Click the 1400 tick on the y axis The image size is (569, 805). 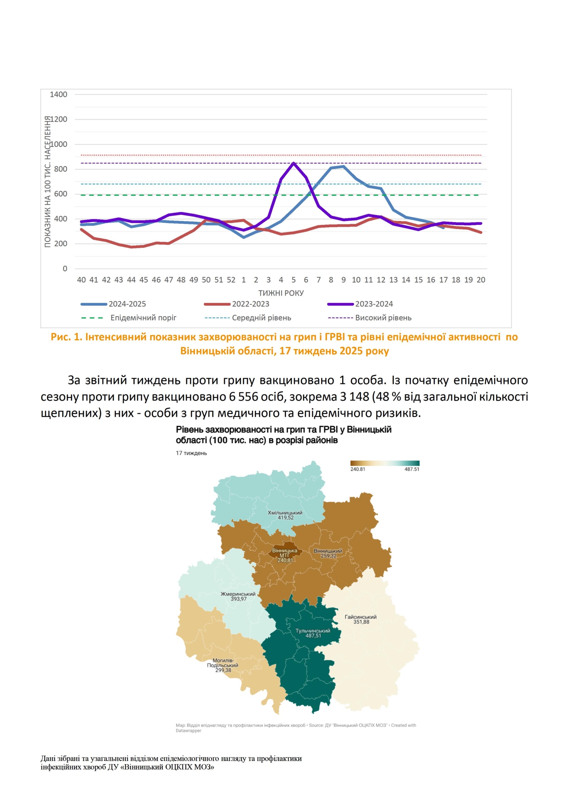coord(58,95)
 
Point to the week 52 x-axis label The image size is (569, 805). coord(231,280)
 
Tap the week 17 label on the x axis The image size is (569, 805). coord(443,280)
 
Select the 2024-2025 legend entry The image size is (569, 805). coord(127,304)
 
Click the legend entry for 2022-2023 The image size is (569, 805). coord(250,304)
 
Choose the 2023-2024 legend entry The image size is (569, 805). coord(374,304)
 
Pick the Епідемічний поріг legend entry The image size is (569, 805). coord(143,318)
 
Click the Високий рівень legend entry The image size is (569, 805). coord(383,318)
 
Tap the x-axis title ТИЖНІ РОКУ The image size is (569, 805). coord(281,293)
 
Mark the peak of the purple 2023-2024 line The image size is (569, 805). coord(293,163)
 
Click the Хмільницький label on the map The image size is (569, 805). coord(285,513)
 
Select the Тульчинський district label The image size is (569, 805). coord(313,631)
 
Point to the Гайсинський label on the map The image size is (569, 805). coord(361,617)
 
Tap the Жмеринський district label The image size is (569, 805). coord(238,594)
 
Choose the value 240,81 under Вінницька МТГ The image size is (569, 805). coord(285,560)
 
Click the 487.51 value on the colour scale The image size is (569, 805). coord(411,469)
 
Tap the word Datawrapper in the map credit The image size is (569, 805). coord(188,731)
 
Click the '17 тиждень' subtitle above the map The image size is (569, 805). coord(191,453)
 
